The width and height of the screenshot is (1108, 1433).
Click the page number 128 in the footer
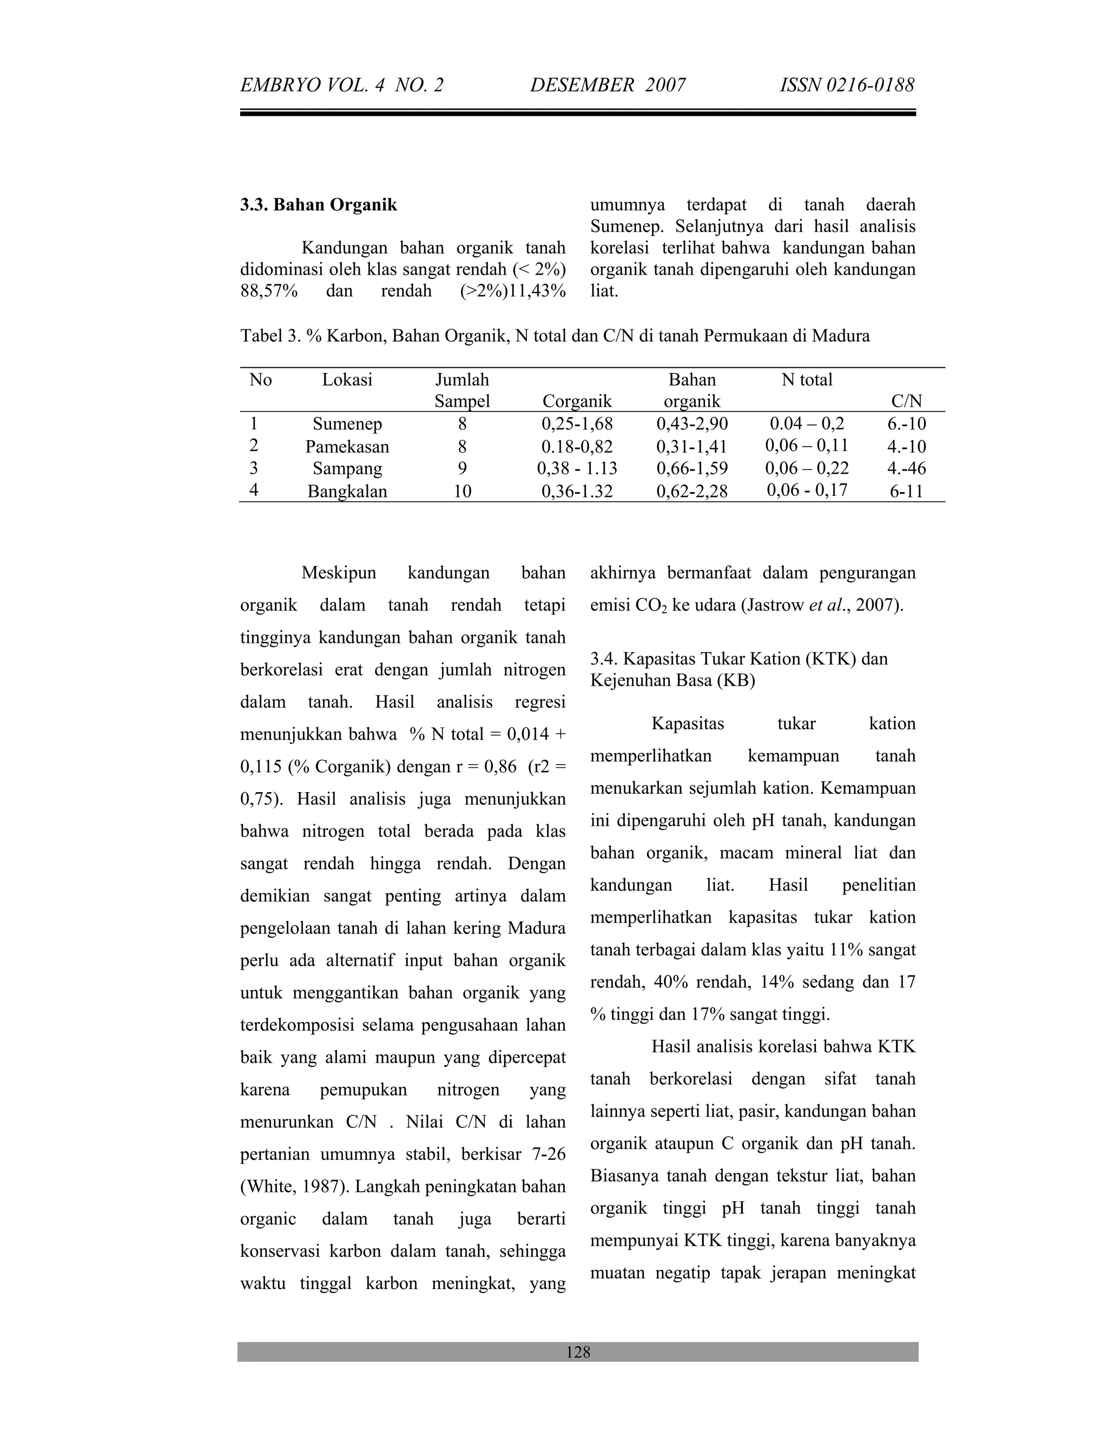[x=578, y=1352]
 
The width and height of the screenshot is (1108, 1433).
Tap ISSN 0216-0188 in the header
[x=847, y=85]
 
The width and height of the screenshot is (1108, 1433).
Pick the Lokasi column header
[x=347, y=380]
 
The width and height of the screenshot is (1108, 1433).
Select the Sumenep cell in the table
[x=347, y=424]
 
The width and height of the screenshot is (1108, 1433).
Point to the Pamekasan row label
[x=347, y=447]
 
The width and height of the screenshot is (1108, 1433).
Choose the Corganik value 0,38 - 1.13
[x=576, y=468]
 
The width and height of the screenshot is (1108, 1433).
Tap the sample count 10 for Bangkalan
[x=462, y=492]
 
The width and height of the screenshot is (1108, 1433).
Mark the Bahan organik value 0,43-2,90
[x=692, y=424]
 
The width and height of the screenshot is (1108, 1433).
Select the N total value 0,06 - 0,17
[x=807, y=490]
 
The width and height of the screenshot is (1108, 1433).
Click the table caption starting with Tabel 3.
[x=555, y=336]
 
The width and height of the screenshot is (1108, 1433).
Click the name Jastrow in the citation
[x=775, y=605]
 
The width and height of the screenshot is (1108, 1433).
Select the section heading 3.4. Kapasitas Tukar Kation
[x=738, y=659]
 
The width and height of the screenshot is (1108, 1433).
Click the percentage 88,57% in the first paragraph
[x=268, y=291]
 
